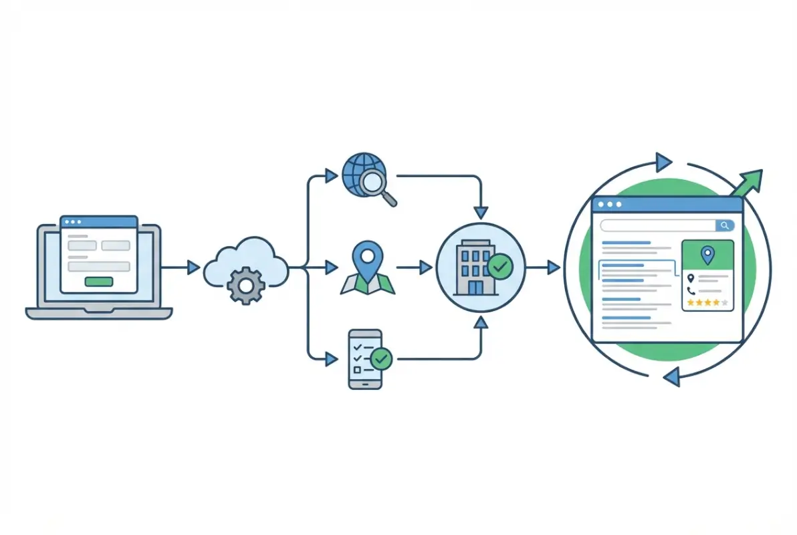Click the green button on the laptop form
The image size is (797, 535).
[x=99, y=282]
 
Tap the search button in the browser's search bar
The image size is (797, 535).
[x=724, y=225]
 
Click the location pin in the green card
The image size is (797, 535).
[x=707, y=255]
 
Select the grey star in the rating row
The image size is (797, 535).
[x=725, y=303]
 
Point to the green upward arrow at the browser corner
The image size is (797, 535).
[x=750, y=181]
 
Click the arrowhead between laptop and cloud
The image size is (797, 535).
[x=193, y=267]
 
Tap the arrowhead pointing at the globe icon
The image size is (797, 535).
[x=330, y=176]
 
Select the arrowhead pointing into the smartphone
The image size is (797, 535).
[x=330, y=359]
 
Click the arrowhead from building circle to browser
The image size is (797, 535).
[x=554, y=267]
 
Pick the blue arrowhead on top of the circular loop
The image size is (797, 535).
[x=663, y=161]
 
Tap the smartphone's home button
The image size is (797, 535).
[x=365, y=383]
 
